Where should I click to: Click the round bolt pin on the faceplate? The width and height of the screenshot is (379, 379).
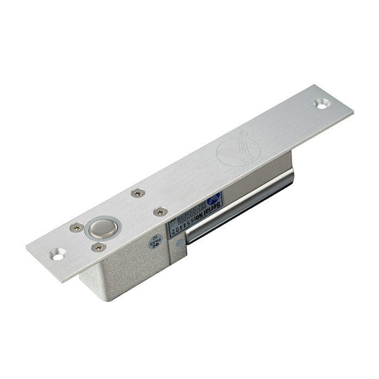point(103,227)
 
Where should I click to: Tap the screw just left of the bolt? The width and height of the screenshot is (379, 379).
point(76,227)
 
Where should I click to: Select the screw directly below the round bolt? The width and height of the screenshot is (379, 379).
point(99,247)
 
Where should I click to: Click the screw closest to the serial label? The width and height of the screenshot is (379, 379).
point(160,212)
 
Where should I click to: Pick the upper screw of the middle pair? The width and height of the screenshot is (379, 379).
point(138,192)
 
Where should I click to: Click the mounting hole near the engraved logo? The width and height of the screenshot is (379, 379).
point(322,103)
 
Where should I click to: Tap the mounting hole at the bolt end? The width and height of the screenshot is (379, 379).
point(57,253)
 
